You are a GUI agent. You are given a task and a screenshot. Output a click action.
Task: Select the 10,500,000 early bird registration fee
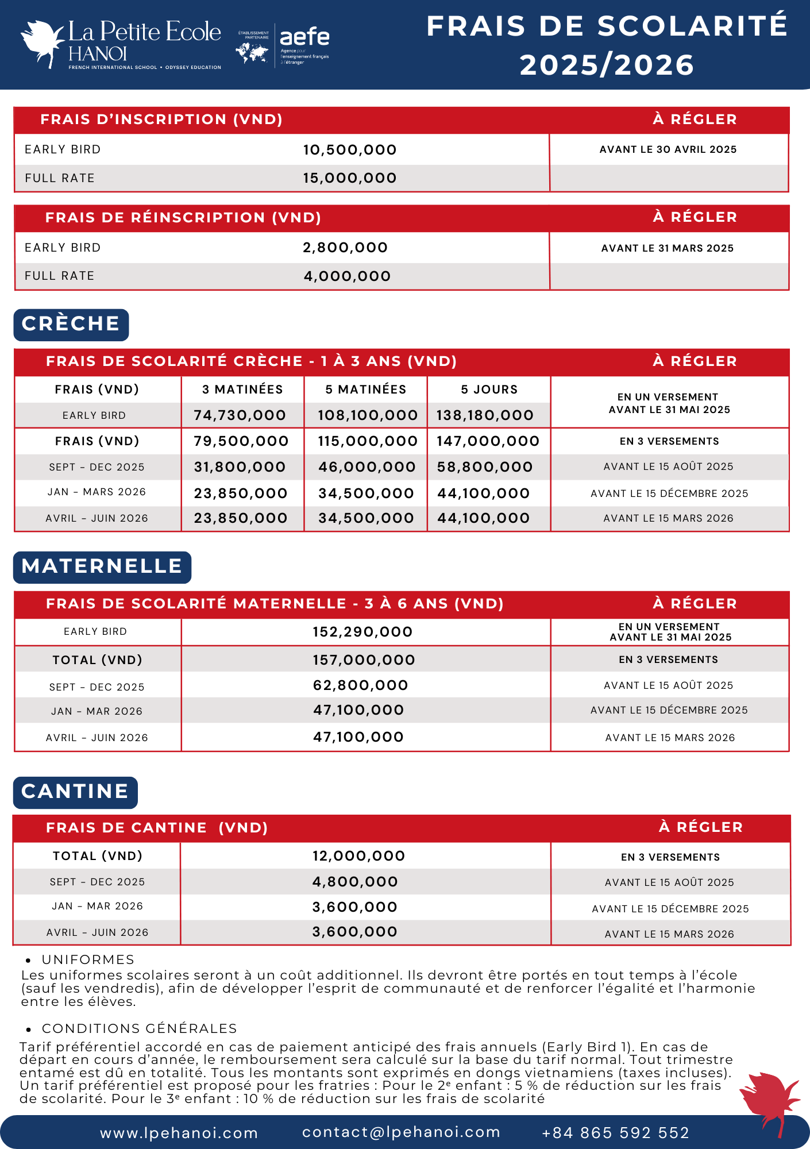(350, 150)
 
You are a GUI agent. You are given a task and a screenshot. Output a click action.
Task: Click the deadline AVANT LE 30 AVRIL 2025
(668, 149)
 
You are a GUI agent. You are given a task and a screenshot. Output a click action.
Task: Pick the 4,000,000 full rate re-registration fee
(347, 276)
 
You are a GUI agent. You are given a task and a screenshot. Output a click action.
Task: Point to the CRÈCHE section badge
(71, 324)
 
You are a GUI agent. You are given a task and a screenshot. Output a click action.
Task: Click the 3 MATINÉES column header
(242, 390)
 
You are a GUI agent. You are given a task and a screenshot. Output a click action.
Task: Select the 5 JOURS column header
(489, 390)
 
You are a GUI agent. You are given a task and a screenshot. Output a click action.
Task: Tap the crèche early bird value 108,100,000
(368, 415)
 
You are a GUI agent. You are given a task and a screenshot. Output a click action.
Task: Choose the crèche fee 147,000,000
(488, 441)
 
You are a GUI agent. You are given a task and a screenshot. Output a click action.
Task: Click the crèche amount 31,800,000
(240, 467)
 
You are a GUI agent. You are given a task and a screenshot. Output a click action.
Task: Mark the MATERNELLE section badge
(102, 566)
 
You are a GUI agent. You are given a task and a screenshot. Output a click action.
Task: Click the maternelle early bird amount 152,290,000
(362, 632)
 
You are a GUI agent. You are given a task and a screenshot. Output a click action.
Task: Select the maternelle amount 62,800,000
(360, 685)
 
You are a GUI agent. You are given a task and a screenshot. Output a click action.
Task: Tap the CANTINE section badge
(75, 792)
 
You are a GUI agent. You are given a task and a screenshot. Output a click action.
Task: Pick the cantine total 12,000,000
(358, 856)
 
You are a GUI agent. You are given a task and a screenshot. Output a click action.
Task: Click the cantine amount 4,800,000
(355, 882)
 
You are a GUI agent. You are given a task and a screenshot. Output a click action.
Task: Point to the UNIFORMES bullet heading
(88, 959)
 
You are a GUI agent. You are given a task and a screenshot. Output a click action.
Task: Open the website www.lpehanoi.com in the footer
(179, 1133)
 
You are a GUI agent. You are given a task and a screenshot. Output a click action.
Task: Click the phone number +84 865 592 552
(615, 1132)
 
